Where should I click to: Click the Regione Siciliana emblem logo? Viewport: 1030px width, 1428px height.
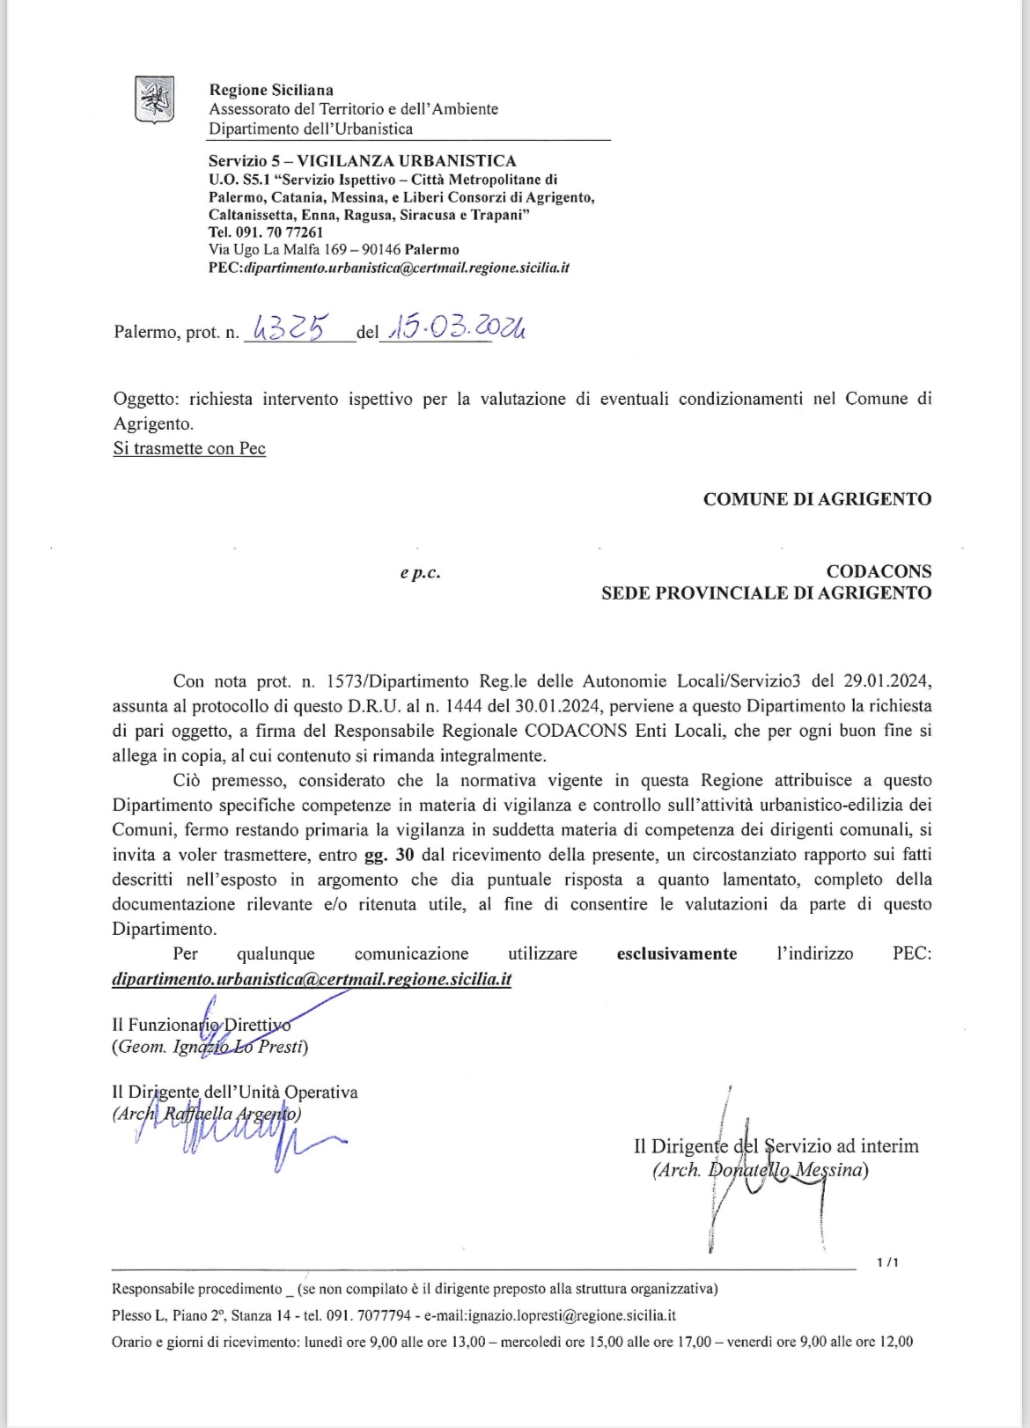(x=154, y=99)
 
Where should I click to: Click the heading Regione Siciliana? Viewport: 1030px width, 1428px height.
(x=271, y=90)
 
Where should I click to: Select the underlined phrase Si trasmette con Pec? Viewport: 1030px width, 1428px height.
(x=189, y=448)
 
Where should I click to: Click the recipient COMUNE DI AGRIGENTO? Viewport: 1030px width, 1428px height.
(x=817, y=499)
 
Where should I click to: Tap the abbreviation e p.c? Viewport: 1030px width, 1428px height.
(x=420, y=573)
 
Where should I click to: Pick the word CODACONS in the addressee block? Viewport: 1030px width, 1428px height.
(x=879, y=571)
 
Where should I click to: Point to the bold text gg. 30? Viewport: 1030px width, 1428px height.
(x=389, y=855)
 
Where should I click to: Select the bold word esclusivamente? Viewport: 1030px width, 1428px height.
(x=677, y=953)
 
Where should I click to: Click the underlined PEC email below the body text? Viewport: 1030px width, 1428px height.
(x=312, y=979)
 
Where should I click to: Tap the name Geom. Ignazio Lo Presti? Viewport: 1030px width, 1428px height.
(x=210, y=1048)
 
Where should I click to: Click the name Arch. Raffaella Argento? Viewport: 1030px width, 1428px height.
(x=208, y=1114)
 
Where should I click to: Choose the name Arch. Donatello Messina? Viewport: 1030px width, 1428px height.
(x=761, y=1170)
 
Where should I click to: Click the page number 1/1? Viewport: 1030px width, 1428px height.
(x=887, y=1263)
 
